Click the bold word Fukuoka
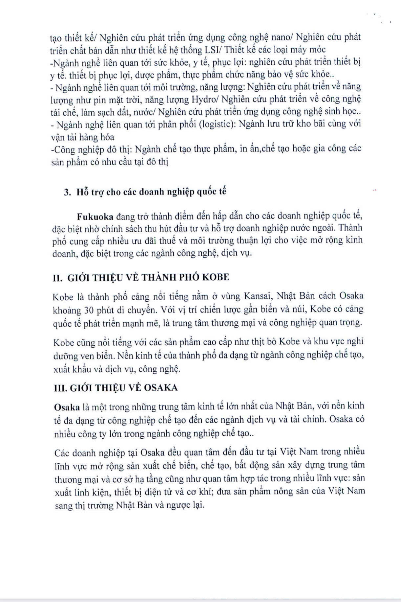[95, 217]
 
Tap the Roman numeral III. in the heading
[60, 388]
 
